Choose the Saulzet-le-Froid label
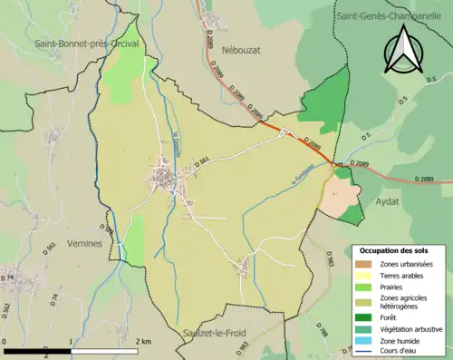[x=221, y=333]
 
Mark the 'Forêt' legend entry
[x=391, y=316]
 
